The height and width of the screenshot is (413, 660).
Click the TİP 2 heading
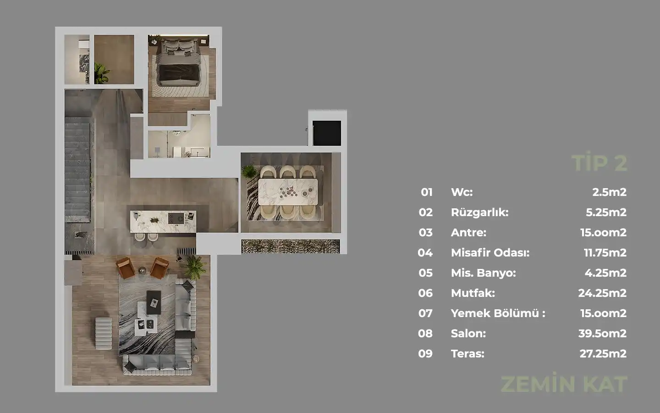tap(599, 162)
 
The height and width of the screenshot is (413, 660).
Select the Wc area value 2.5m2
tap(609, 192)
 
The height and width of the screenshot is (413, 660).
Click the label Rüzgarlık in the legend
tap(480, 212)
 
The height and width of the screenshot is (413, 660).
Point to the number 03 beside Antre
tap(425, 233)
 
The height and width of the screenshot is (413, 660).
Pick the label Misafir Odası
tap(490, 253)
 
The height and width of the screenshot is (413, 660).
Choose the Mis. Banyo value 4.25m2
tap(605, 273)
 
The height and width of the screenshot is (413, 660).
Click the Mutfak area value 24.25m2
tap(602, 293)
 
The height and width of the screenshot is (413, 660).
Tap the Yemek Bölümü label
tap(498, 313)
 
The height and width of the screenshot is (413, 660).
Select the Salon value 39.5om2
tap(602, 333)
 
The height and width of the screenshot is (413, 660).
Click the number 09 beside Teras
tap(425, 353)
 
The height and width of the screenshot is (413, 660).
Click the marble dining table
tap(288, 192)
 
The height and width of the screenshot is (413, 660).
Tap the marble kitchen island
tap(163, 222)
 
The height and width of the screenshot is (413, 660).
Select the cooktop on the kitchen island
tap(176, 218)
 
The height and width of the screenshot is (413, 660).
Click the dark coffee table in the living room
tap(154, 302)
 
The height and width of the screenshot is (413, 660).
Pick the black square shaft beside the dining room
tap(327, 133)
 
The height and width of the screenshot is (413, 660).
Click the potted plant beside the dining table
tap(249, 172)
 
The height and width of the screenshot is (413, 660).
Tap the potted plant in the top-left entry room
tap(102, 73)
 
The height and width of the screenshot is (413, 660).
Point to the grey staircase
tap(77, 170)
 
